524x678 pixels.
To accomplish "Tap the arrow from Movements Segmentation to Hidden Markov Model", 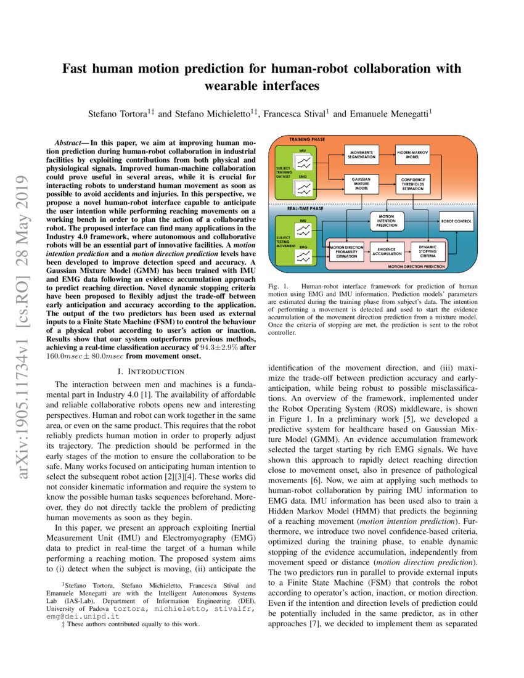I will [387, 153].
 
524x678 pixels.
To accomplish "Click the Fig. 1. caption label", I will [280, 287].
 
